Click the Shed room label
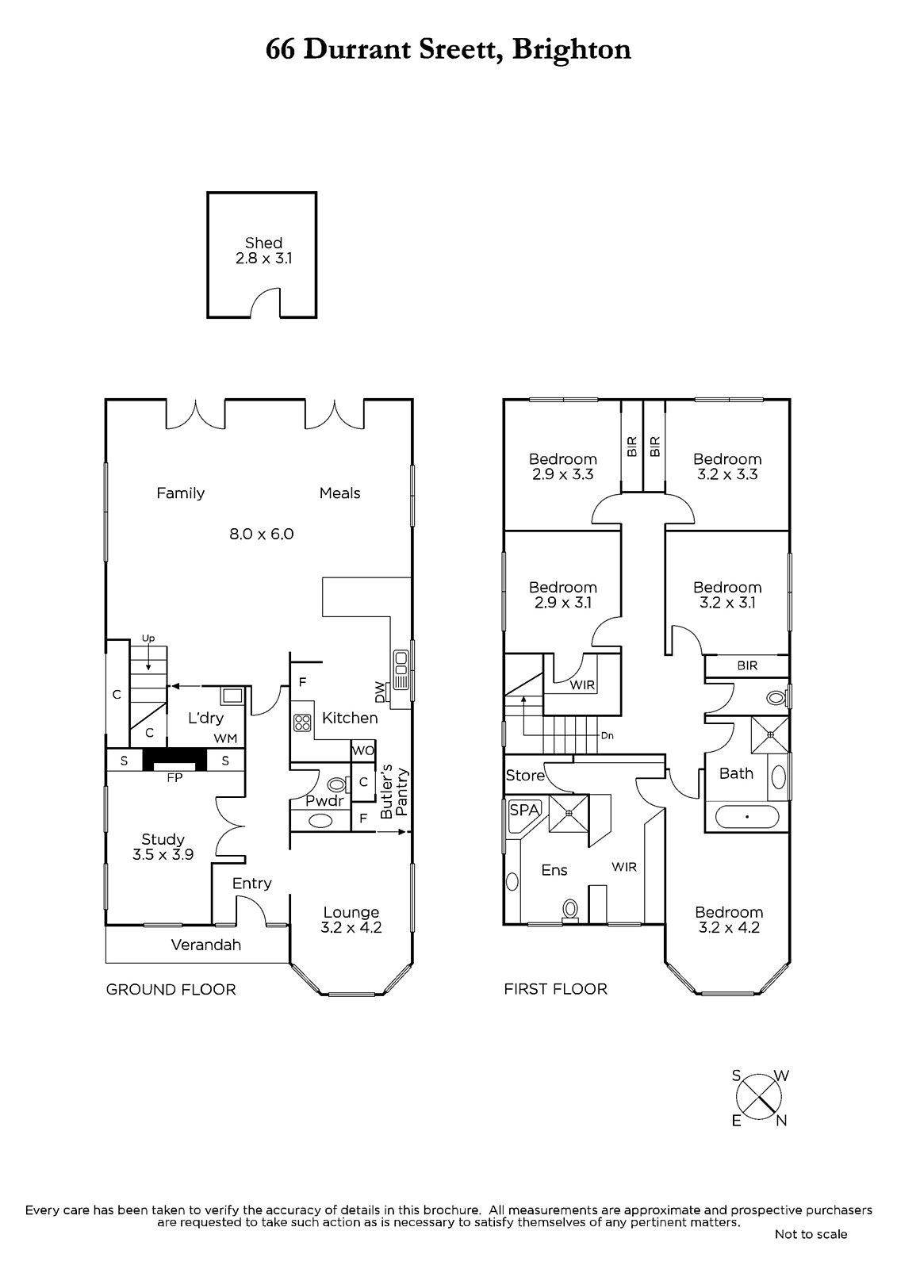point(263,243)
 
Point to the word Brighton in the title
point(571,50)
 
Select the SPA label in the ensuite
point(524,810)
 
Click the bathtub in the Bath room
point(747,817)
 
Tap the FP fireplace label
point(174,778)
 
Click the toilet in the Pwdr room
point(337,784)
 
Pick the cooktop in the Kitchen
point(302,723)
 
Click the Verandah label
point(206,945)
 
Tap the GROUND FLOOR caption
point(171,989)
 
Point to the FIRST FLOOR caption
point(555,988)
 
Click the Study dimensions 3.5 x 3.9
point(163,854)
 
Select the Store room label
point(525,775)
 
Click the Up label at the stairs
point(148,638)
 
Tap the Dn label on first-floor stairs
point(607,736)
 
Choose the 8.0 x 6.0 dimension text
point(261,534)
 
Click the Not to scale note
point(811,1234)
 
